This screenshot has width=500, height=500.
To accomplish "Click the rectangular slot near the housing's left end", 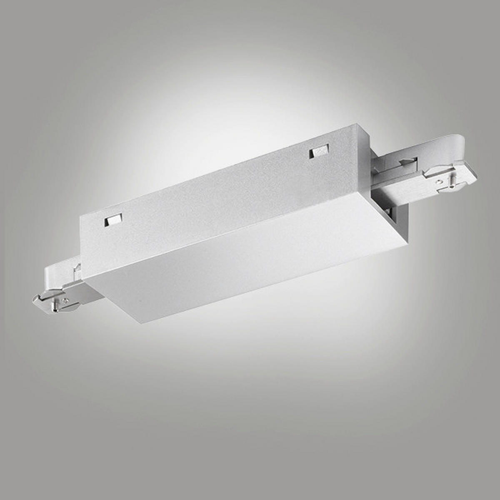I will [113, 219].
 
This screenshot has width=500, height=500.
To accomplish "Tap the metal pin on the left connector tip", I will [55, 307].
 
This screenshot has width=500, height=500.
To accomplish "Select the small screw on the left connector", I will [64, 299].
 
